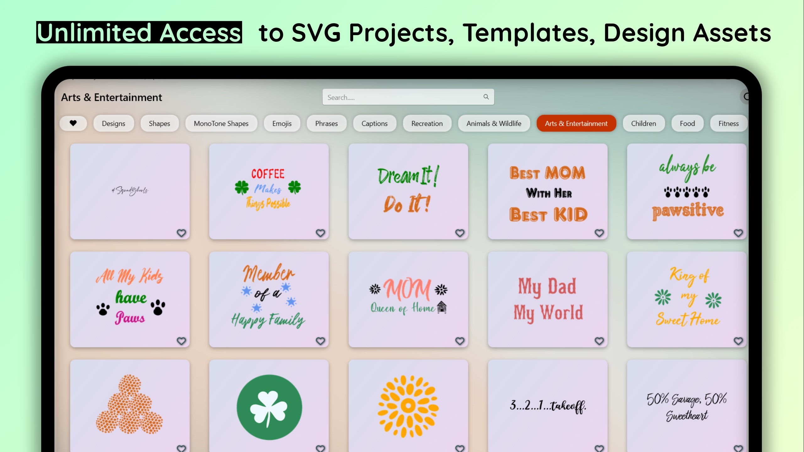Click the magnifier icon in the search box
[486, 97]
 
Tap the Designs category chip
[113, 123]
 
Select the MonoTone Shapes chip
[221, 123]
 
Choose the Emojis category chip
[282, 123]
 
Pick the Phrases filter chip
[326, 123]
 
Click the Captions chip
[374, 123]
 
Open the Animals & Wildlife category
[494, 123]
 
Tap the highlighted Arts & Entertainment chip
[576, 123]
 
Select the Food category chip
[687, 123]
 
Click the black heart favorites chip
[73, 123]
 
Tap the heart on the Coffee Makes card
[320, 233]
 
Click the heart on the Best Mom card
[599, 233]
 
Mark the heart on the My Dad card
[599, 341]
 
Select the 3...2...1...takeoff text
[548, 406]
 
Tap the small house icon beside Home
[442, 307]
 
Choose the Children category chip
[643, 123]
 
